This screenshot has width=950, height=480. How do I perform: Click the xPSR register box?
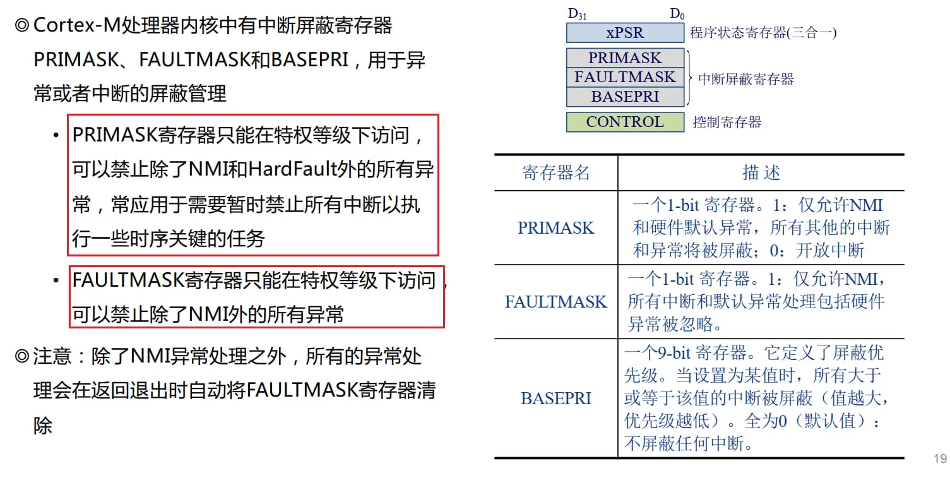pyautogui.click(x=625, y=33)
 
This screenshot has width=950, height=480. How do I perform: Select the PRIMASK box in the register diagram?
pyautogui.click(x=625, y=57)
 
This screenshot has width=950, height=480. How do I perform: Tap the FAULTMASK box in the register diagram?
pyautogui.click(x=625, y=77)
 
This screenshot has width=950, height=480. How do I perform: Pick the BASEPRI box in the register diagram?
pyautogui.click(x=625, y=97)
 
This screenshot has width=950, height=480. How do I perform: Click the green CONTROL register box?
pyautogui.click(x=625, y=123)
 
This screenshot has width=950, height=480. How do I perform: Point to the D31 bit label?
pyautogui.click(x=577, y=14)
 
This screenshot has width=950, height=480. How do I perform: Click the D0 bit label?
pyautogui.click(x=677, y=14)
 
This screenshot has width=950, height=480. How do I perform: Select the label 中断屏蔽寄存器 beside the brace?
pyautogui.click(x=745, y=79)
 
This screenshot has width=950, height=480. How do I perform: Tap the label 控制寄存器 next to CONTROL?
pyautogui.click(x=727, y=123)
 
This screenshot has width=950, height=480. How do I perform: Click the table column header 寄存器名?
pyautogui.click(x=556, y=172)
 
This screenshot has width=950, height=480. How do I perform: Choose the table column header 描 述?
pyautogui.click(x=761, y=172)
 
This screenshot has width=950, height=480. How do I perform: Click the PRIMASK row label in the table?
pyautogui.click(x=556, y=228)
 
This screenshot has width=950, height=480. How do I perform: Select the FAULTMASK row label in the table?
pyautogui.click(x=556, y=302)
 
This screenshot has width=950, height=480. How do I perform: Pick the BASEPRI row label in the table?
pyautogui.click(x=556, y=399)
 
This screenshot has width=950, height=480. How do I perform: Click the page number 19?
pyautogui.click(x=940, y=459)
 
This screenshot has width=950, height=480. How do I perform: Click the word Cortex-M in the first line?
pyautogui.click(x=77, y=25)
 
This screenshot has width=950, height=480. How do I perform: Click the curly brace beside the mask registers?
pyautogui.click(x=689, y=78)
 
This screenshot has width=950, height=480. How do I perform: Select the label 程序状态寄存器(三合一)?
pyautogui.click(x=763, y=33)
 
